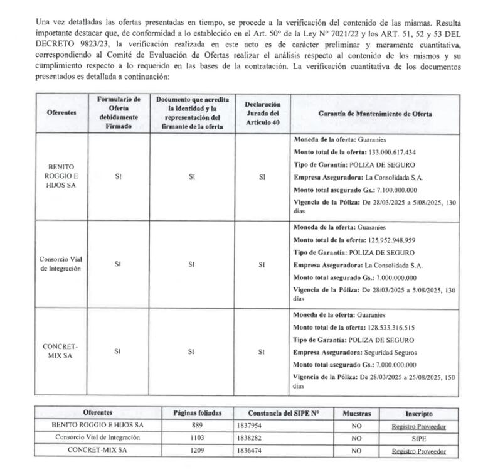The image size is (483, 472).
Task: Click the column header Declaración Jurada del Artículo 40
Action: pos(262,113)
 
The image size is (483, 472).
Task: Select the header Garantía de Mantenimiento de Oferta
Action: pos(375,114)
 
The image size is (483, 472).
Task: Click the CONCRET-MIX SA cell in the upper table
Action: pos(61,351)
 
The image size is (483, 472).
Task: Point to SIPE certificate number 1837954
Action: pos(249,426)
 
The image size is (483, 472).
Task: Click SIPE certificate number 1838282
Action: pos(249,438)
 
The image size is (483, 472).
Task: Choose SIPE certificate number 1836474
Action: pos(249,451)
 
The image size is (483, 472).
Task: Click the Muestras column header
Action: pos(356,414)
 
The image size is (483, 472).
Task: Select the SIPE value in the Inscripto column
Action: pos(419,438)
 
